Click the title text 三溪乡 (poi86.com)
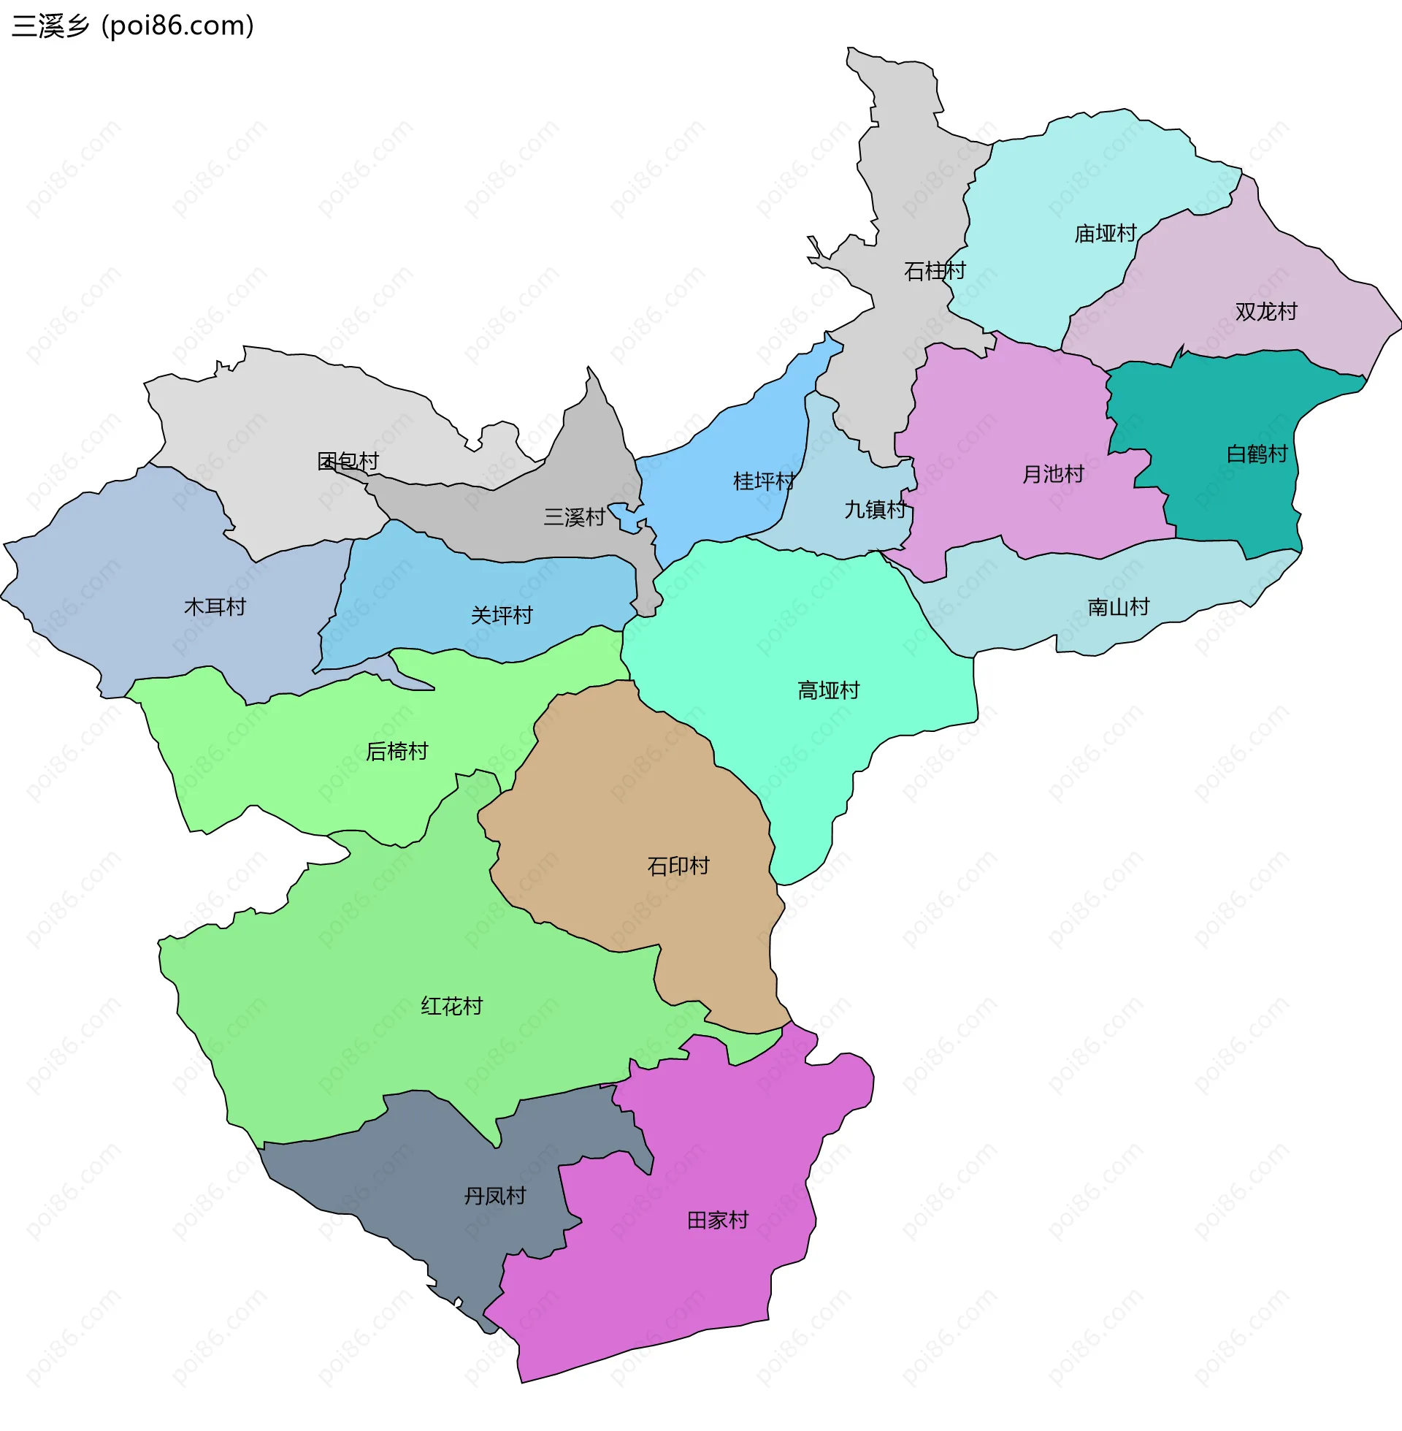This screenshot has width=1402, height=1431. (x=133, y=26)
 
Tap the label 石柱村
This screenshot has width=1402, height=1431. (x=935, y=271)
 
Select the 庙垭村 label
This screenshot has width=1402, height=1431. (x=1106, y=234)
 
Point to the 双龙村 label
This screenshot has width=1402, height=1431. (x=1265, y=311)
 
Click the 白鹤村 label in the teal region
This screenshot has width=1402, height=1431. (x=1257, y=454)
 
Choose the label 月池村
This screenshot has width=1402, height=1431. (x=1053, y=474)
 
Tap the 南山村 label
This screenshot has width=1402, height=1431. (x=1119, y=607)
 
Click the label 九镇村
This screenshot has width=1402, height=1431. (x=875, y=510)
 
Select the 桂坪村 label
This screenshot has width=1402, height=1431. (x=764, y=481)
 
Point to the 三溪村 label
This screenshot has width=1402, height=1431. (x=575, y=517)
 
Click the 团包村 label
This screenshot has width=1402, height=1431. (x=348, y=461)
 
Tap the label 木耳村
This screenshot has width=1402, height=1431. (x=214, y=607)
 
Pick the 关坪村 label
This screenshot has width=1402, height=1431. (x=502, y=615)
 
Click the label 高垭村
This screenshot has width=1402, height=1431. (x=828, y=690)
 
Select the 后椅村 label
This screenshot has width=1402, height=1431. (x=397, y=751)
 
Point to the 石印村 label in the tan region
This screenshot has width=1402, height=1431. (x=678, y=866)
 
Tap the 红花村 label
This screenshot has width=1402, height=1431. (x=451, y=1006)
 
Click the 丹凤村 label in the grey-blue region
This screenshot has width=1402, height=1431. (x=495, y=1195)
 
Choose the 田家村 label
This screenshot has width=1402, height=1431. (x=717, y=1221)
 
